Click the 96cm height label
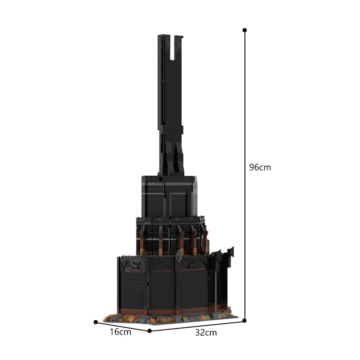pyautogui.click(x=260, y=167)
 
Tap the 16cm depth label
pyautogui.click(x=120, y=332)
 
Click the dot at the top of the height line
pyautogui.click(x=245, y=30)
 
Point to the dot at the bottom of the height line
pyautogui.click(x=244, y=320)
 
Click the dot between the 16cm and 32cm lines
pyautogui.click(x=149, y=331)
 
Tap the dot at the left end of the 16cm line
pyautogui.click(x=96, y=322)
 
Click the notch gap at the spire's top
pyautogui.click(x=172, y=47)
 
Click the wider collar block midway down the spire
pyautogui.click(x=171, y=128)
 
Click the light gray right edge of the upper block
pyautogui.click(x=195, y=196)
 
